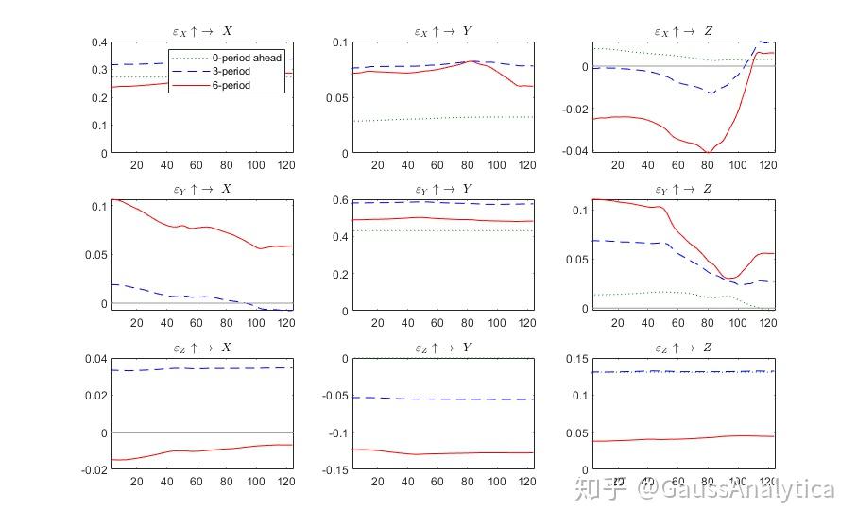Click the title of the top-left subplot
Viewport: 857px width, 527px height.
tap(202, 32)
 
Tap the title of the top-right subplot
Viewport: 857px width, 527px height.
tap(684, 32)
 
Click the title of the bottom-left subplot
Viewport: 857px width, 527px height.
tap(202, 348)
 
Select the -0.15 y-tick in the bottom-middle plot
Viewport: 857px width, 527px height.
tap(333, 469)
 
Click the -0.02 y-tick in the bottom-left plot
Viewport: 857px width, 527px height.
tap(94, 469)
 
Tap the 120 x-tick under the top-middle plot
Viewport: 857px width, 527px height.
tap(525, 165)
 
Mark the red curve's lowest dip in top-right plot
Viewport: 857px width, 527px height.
tap(707, 152)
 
